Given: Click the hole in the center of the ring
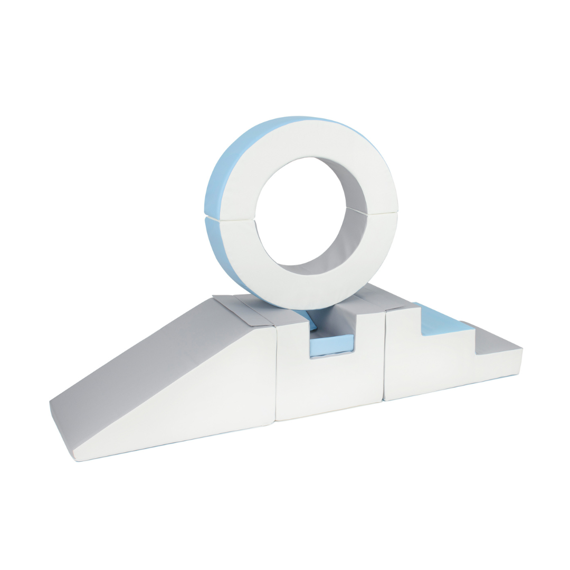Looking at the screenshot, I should coord(301,211).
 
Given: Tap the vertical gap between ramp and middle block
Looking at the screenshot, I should coord(275,375).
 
